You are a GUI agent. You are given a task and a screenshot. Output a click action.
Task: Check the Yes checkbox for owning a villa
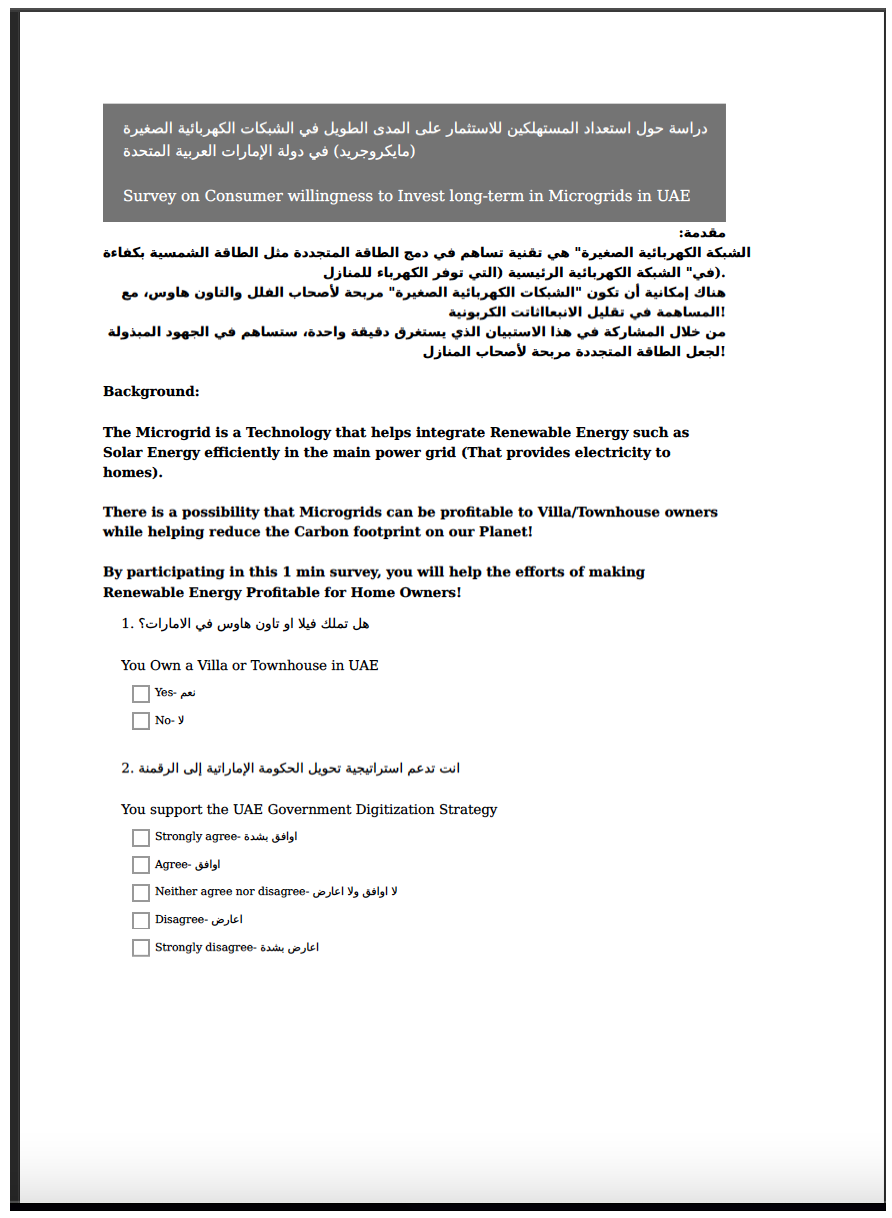pos(141,694)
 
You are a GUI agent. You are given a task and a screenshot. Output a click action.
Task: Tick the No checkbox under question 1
pos(141,721)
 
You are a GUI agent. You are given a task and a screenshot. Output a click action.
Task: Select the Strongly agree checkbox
pos(141,838)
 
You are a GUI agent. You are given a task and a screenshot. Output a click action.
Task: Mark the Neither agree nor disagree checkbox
pos(141,893)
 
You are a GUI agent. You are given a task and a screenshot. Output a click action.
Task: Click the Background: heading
pos(151,392)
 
